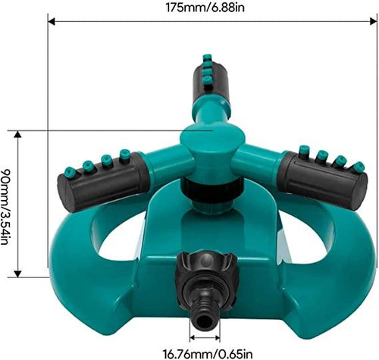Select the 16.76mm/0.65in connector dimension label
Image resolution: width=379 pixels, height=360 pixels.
[212, 352]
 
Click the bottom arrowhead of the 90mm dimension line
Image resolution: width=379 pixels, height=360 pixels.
[20, 277]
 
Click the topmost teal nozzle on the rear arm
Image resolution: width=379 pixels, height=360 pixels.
[206, 58]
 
